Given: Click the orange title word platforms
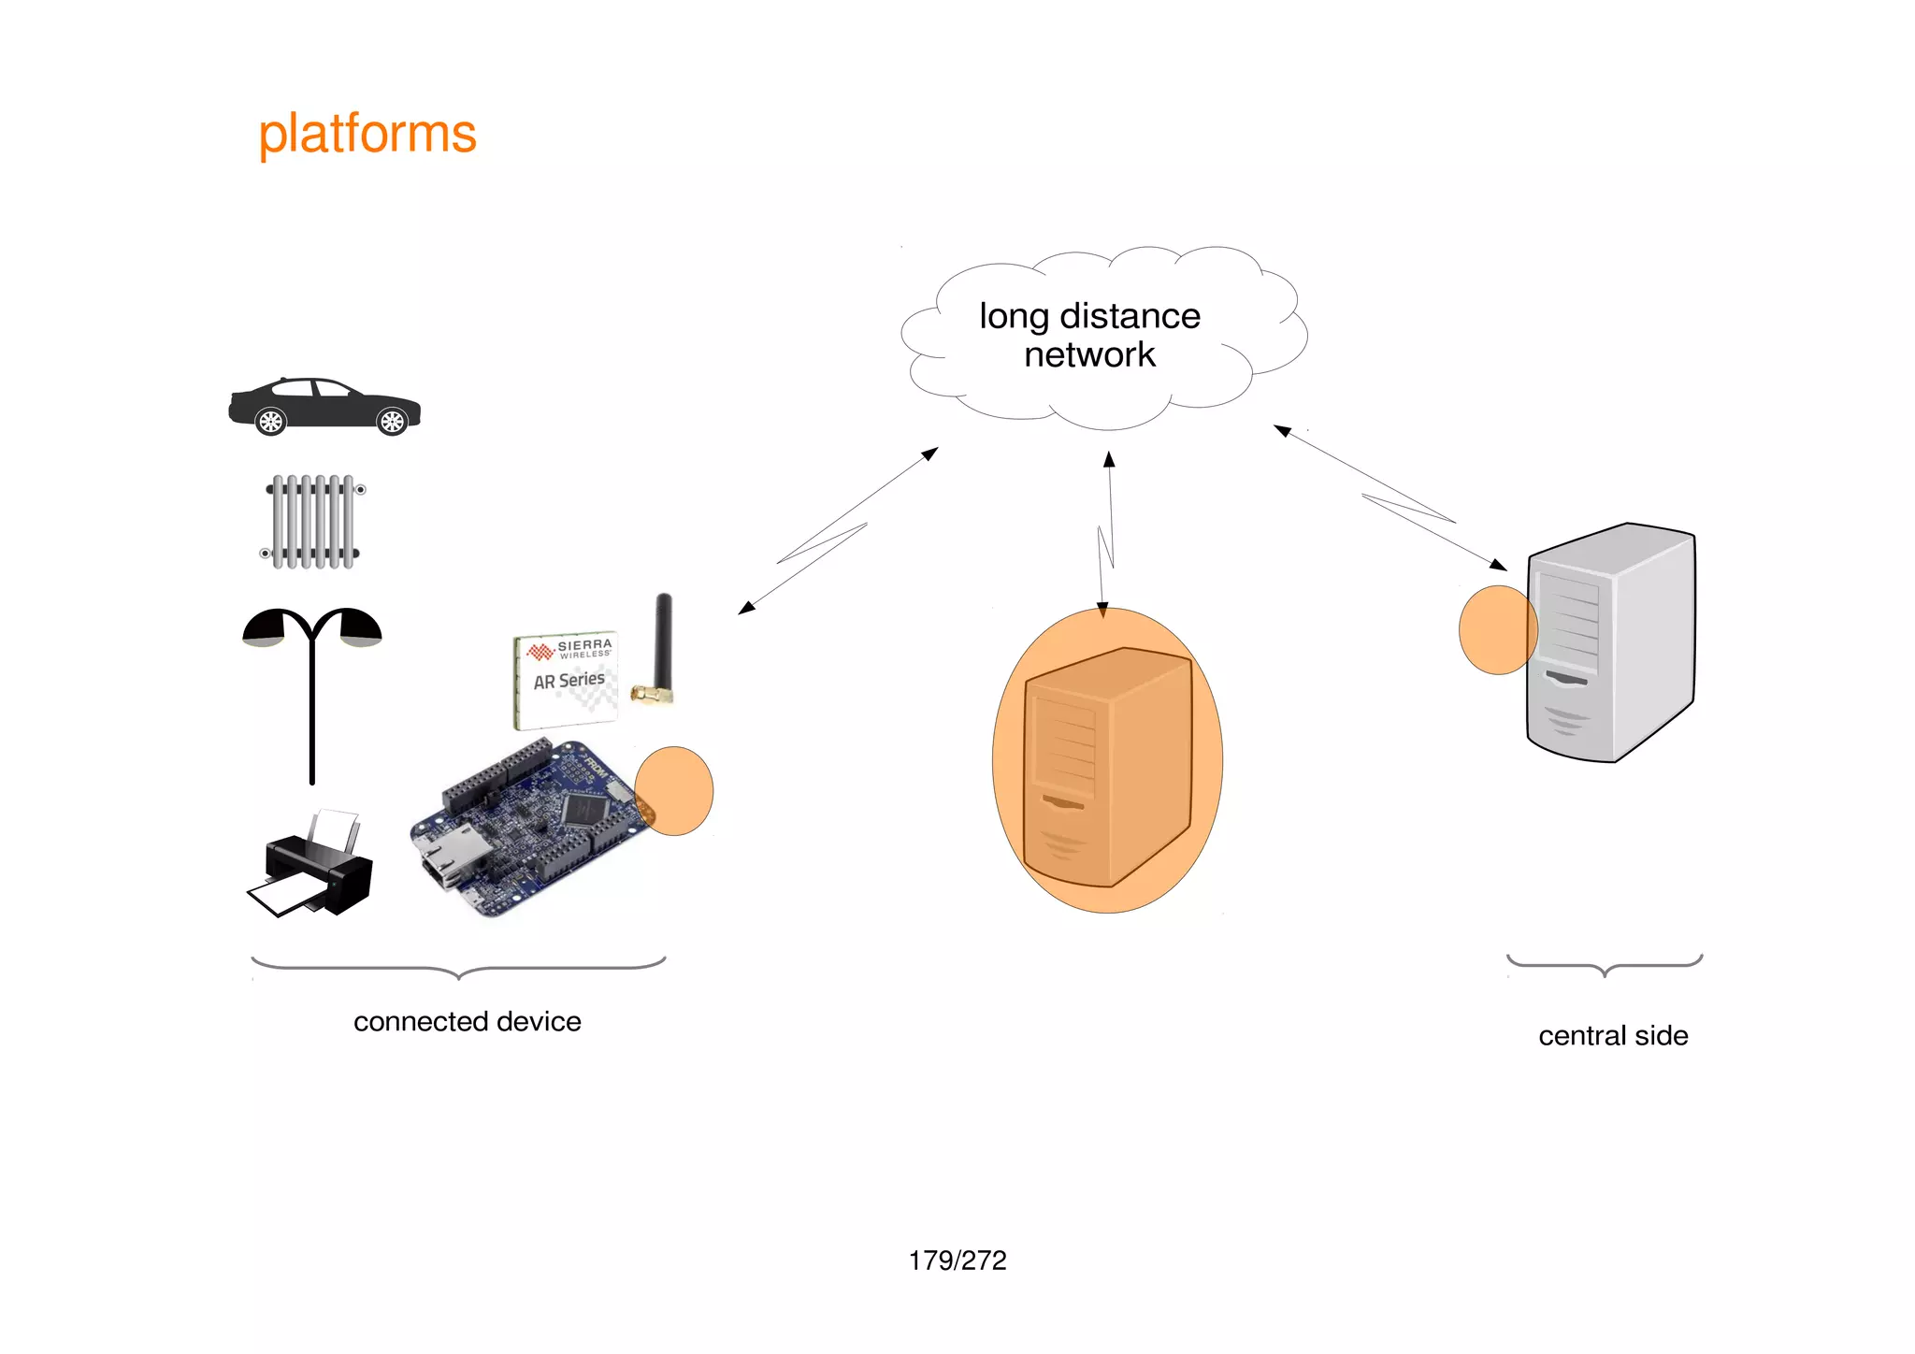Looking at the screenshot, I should pos(367,134).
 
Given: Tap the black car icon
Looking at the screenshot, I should pos(324,407).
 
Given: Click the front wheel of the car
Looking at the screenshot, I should pos(392,423).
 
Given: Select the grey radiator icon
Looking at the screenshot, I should pos(313,522).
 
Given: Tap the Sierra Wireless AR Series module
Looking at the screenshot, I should pos(565,680).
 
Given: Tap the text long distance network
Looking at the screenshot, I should pos(1089,335).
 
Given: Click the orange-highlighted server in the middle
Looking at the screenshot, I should pos(1107,762).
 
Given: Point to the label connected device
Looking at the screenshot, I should pos(467,1021).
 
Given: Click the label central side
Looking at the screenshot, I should pos(1613,1036).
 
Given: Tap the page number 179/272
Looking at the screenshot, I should pos(957,1260).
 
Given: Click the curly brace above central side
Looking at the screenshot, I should pos(1605,966).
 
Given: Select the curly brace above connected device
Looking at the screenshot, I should pos(458,968).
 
